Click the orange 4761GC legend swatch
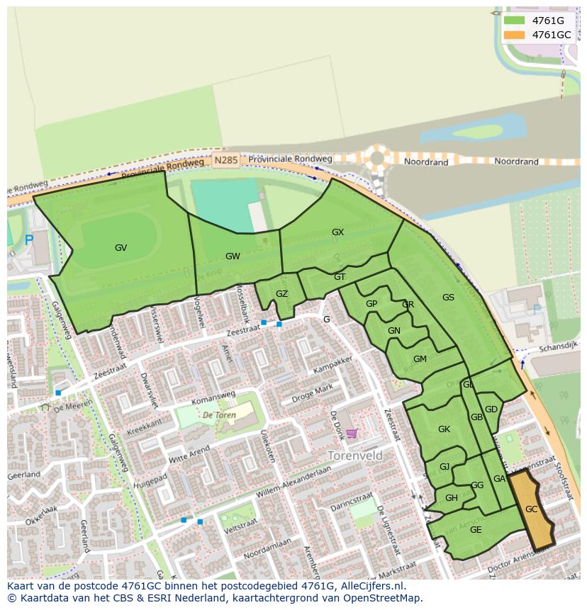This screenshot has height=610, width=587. (514, 35)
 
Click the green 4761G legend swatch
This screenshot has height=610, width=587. (514, 21)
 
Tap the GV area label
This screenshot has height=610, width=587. (121, 248)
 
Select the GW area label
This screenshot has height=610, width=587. (233, 256)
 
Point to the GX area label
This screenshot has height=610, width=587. (337, 232)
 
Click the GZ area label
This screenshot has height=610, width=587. (281, 294)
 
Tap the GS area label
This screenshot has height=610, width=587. (448, 298)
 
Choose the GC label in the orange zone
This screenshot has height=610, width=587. (531, 509)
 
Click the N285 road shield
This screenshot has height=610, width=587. (225, 161)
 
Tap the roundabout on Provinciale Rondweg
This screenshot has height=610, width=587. (377, 158)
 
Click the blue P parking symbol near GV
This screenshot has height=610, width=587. (29, 241)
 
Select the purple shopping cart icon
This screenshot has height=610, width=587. (352, 434)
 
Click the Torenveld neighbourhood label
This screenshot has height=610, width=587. (354, 455)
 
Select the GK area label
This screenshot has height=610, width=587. (444, 429)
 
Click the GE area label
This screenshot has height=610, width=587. (476, 530)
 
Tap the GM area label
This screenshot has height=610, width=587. (420, 359)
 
